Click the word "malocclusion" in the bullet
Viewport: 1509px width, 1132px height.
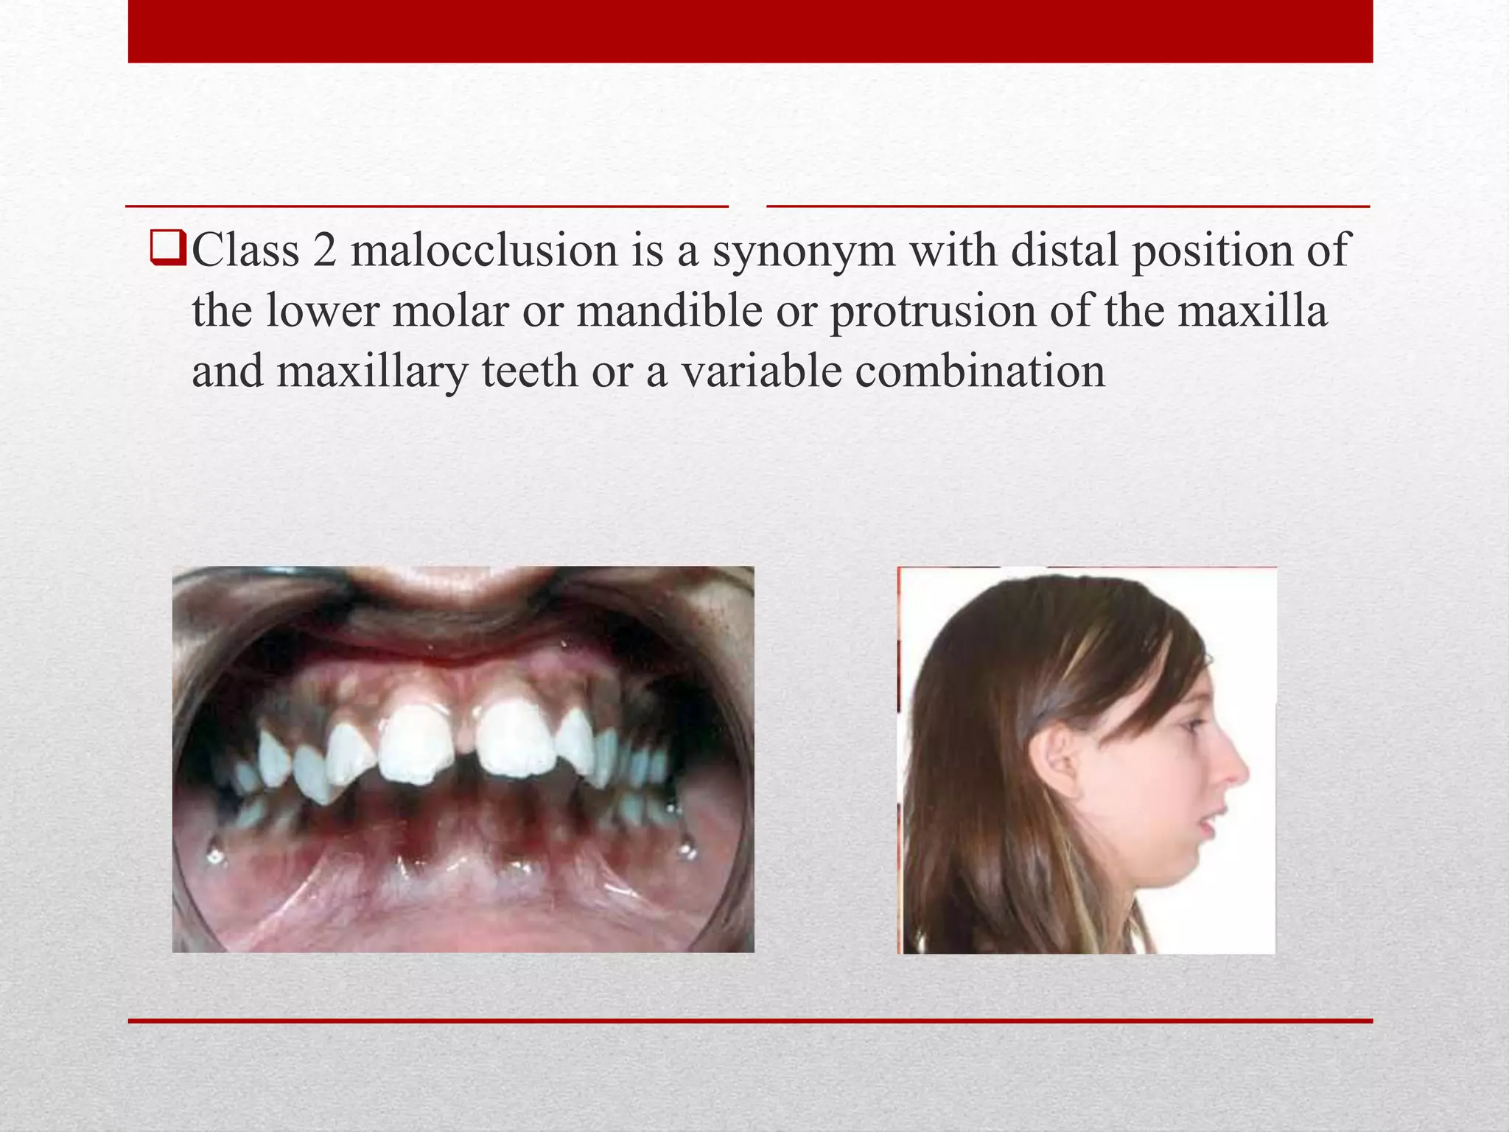point(484,251)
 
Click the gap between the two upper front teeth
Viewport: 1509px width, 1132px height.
point(463,744)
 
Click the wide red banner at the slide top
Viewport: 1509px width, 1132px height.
point(750,31)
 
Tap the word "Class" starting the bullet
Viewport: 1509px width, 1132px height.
point(245,251)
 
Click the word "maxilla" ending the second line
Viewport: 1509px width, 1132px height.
point(1252,310)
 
